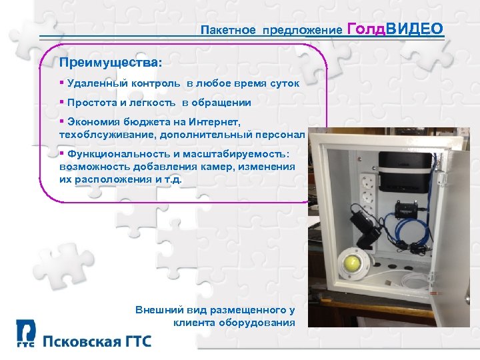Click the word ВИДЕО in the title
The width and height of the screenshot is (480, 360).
coord(415,28)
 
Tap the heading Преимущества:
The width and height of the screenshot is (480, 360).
coord(110,62)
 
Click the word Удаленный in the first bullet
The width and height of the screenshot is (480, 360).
coord(94,84)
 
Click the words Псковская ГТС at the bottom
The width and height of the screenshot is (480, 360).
coord(97,342)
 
